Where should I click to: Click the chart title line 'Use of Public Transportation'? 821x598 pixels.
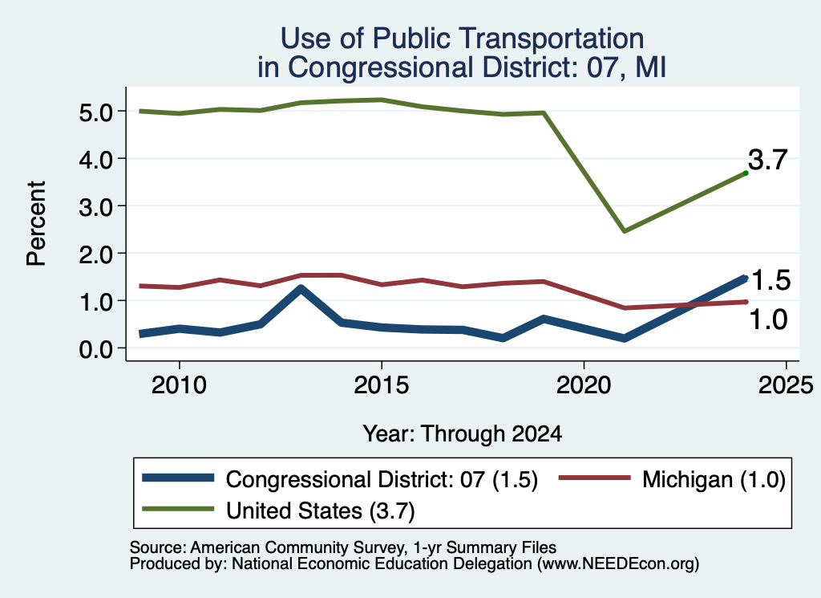[462, 39]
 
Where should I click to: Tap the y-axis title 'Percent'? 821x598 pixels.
[37, 223]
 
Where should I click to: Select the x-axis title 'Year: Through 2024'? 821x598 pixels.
[463, 434]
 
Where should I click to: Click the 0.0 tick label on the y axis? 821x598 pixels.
[96, 349]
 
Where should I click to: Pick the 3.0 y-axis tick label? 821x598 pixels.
[96, 207]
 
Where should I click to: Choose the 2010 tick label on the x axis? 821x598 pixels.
[179, 385]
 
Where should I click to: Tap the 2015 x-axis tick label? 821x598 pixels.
[381, 385]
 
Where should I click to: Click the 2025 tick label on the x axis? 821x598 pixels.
[786, 385]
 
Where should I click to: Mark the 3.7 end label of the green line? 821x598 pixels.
[767, 159]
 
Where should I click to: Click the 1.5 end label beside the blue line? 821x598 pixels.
[770, 280]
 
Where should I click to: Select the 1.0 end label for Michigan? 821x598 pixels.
[769, 319]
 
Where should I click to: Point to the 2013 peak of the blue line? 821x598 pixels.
[301, 288]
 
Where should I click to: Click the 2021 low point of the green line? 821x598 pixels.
[624, 230]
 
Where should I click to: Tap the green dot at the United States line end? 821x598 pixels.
[746, 173]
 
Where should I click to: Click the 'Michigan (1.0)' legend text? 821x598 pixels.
[714, 479]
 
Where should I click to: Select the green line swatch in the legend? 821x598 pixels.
[178, 509]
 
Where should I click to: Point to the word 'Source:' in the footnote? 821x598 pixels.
[158, 547]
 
